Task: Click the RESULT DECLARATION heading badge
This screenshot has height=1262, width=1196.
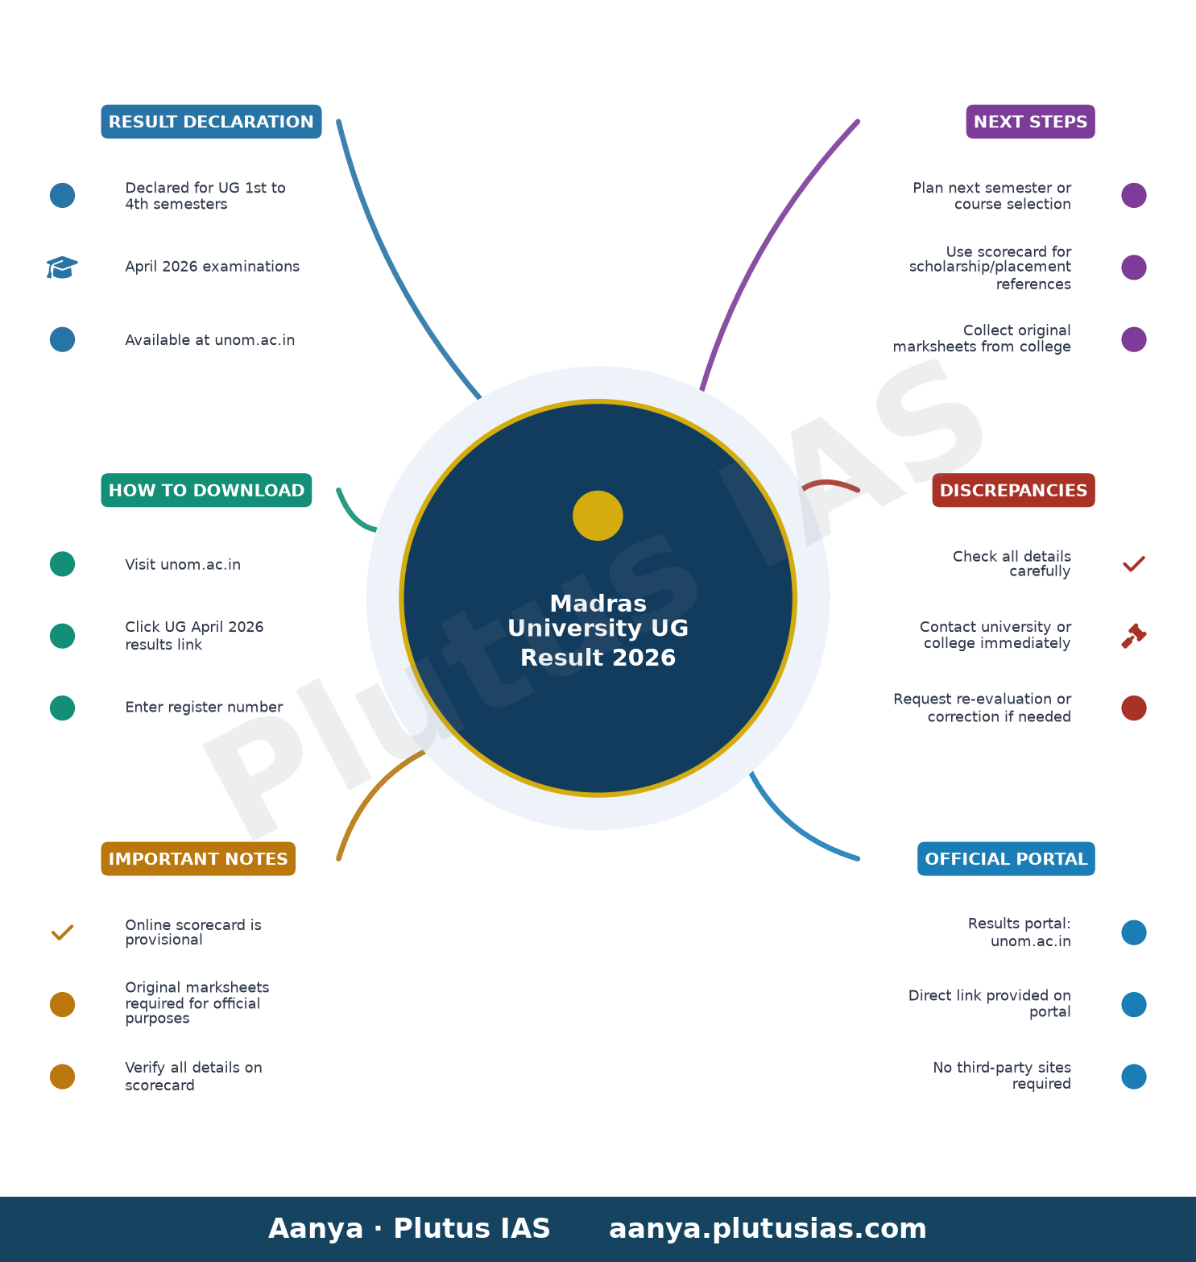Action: click(x=211, y=122)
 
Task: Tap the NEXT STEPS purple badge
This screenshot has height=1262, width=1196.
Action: click(x=1030, y=122)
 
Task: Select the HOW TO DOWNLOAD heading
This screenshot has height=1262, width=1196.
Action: click(x=206, y=490)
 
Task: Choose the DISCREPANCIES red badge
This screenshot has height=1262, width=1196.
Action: click(x=1013, y=490)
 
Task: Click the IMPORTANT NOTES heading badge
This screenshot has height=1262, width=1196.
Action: click(x=198, y=859)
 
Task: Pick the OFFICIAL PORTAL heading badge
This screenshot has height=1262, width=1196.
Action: click(x=1006, y=859)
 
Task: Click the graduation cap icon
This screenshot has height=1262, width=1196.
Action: click(x=62, y=267)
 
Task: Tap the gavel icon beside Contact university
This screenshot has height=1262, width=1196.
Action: click(x=1134, y=636)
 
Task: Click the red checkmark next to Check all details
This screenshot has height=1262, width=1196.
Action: click(x=1134, y=563)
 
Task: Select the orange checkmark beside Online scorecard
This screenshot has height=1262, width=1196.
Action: click(x=62, y=932)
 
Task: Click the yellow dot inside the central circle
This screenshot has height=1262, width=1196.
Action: click(x=598, y=516)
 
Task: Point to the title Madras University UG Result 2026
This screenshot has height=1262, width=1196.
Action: click(x=598, y=630)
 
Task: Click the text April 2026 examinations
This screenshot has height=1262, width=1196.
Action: click(x=212, y=267)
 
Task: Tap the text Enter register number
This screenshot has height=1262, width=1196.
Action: click(x=204, y=708)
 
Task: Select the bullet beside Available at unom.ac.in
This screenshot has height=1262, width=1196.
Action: click(x=62, y=339)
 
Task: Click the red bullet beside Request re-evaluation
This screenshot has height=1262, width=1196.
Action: click(x=1134, y=708)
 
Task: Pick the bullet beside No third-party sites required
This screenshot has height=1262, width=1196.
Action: click(x=1134, y=1077)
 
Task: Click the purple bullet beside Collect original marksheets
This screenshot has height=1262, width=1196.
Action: click(x=1134, y=339)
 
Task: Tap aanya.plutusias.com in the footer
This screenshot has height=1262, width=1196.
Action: click(x=768, y=1229)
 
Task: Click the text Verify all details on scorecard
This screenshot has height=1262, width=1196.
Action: click(x=193, y=1077)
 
